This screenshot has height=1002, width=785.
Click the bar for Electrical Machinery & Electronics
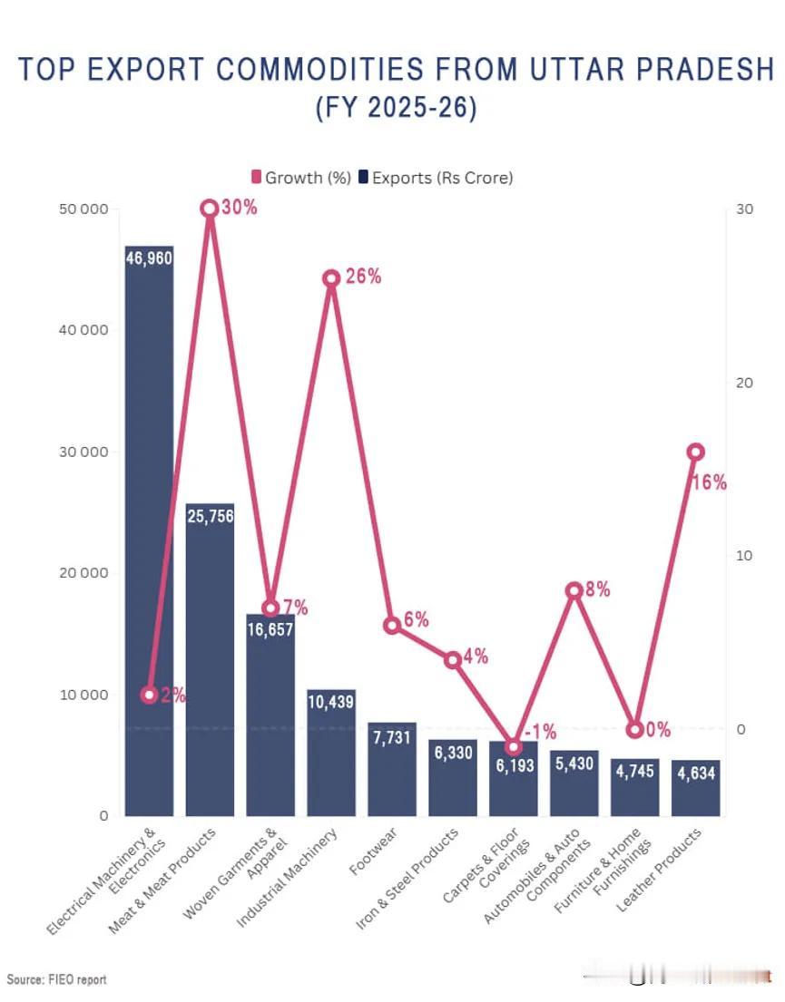(149, 530)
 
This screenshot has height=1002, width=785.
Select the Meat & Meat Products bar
(210, 659)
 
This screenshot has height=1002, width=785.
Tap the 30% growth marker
(210, 209)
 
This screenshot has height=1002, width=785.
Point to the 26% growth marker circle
(330, 278)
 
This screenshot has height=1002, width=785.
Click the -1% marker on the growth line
(513, 746)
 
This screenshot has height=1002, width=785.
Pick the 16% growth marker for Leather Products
(695, 452)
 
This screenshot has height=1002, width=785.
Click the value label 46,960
(149, 258)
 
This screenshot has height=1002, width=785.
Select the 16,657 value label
(270, 629)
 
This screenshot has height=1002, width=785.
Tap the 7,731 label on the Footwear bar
(391, 737)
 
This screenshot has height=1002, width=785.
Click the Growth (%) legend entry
(301, 177)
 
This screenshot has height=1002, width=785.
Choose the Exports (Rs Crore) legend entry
(436, 177)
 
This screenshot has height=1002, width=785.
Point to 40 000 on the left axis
(83, 330)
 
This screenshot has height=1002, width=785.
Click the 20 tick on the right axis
(744, 383)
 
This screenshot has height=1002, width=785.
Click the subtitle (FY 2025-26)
(396, 107)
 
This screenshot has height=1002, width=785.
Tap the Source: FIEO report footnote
(56, 979)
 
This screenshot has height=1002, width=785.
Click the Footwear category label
(373, 851)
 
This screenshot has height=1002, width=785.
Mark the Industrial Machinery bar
(330, 753)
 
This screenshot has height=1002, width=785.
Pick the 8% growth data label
(597, 589)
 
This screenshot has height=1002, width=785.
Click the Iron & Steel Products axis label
(407, 878)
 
